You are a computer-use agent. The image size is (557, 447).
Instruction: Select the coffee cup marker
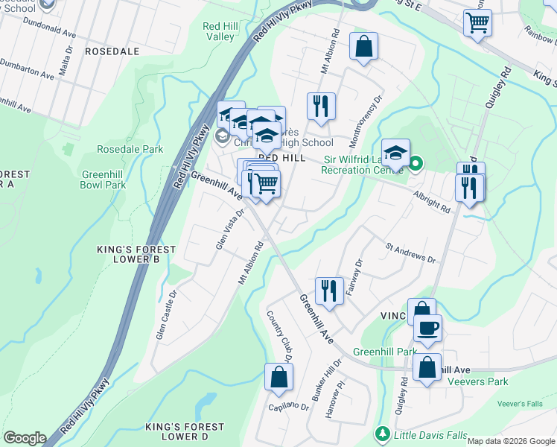pyautogui.click(x=427, y=328)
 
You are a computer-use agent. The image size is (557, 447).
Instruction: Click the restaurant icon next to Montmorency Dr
pyautogui.click(x=322, y=105)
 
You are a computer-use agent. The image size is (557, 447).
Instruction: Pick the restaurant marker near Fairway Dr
pyautogui.click(x=328, y=289)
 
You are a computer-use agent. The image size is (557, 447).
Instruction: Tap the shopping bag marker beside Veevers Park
pyautogui.click(x=427, y=367)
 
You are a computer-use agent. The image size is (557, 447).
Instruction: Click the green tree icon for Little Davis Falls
pyautogui.click(x=382, y=434)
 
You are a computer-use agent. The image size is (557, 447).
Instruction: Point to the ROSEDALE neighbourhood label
pyautogui.click(x=112, y=51)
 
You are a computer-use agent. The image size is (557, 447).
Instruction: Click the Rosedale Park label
pyautogui.click(x=131, y=149)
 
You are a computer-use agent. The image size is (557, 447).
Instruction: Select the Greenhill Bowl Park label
pyautogui.click(x=104, y=180)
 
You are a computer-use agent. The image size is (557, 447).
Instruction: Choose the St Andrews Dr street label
pyautogui.click(x=410, y=253)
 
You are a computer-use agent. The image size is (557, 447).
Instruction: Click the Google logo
pyautogui.click(x=24, y=438)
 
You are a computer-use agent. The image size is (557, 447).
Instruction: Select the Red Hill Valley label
pyautogui.click(x=220, y=31)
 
